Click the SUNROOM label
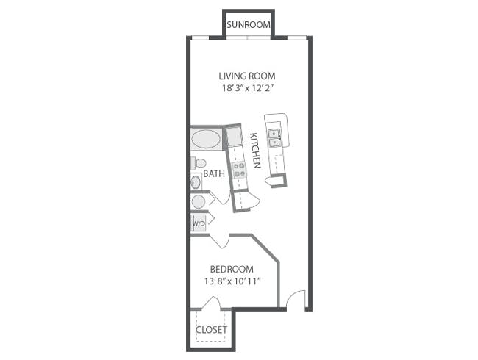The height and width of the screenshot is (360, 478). (x=248, y=25)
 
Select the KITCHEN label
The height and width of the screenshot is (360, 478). (x=255, y=151)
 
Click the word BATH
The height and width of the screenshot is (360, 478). (x=214, y=174)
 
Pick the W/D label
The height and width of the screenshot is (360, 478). (x=199, y=223)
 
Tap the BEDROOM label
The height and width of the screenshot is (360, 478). (x=232, y=269)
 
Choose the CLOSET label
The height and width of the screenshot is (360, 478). (x=211, y=330)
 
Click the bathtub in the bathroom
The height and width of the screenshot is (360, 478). (x=206, y=139)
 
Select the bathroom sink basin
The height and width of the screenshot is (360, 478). (x=196, y=182)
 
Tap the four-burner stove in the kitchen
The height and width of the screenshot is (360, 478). (x=239, y=171)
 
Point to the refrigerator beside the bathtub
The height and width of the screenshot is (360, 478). (x=235, y=136)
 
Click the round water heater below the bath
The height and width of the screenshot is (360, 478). (x=199, y=201)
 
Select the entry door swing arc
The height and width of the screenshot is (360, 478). (x=296, y=300)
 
